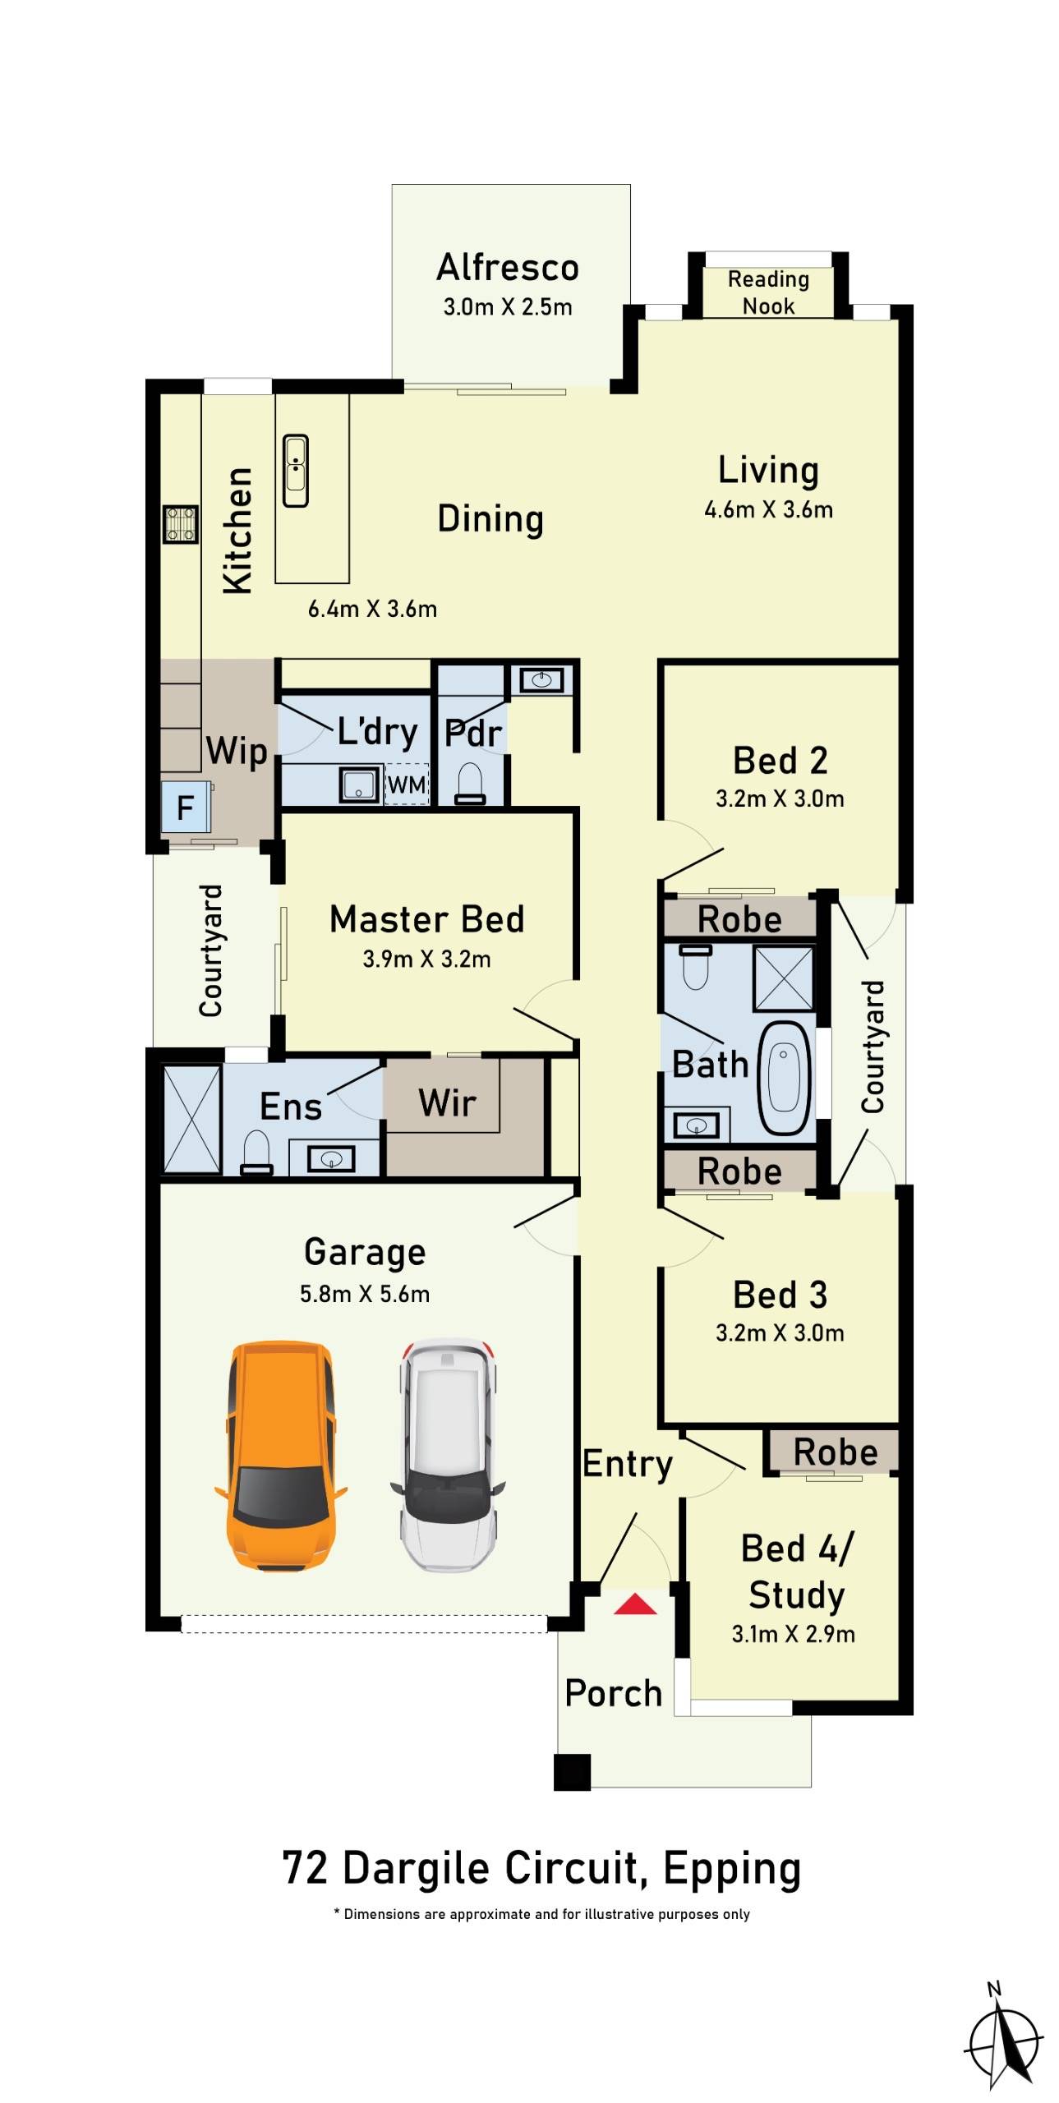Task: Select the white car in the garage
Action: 448,1455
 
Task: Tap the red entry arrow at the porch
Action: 634,1604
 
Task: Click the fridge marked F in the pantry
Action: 186,808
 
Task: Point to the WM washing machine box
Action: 407,785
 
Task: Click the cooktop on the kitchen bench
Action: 180,524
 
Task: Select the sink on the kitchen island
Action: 296,470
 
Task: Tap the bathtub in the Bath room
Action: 783,1078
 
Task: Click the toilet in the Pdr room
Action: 470,782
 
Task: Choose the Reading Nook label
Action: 768,292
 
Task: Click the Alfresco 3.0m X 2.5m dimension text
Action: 507,307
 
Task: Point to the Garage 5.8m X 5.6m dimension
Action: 364,1294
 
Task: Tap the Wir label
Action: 447,1102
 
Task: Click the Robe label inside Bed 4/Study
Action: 835,1452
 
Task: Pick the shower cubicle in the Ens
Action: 191,1119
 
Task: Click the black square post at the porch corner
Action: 572,1771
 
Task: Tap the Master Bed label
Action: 426,919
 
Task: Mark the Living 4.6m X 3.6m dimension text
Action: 768,509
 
